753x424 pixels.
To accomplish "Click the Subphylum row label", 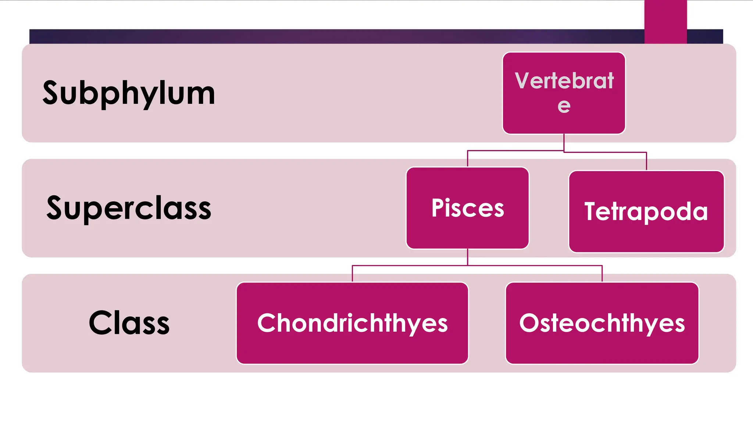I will click(129, 93).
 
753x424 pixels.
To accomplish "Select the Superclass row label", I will click(129, 208).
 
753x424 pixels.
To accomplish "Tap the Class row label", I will click(129, 323).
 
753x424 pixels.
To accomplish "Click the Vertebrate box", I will click(564, 93).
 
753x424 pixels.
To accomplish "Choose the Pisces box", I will click(467, 208).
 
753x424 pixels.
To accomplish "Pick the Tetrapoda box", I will click(646, 212).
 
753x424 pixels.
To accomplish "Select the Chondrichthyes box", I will click(352, 323).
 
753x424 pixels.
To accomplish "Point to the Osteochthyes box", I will click(602, 323).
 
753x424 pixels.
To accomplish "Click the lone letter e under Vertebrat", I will click(564, 106).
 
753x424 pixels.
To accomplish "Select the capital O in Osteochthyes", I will click(529, 323).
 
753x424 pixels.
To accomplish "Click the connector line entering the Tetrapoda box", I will click(646, 161).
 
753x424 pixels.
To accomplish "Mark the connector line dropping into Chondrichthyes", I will click(352, 273).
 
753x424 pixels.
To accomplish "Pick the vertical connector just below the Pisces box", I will click(467, 257).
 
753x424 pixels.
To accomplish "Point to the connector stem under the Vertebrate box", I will click(564, 142).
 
